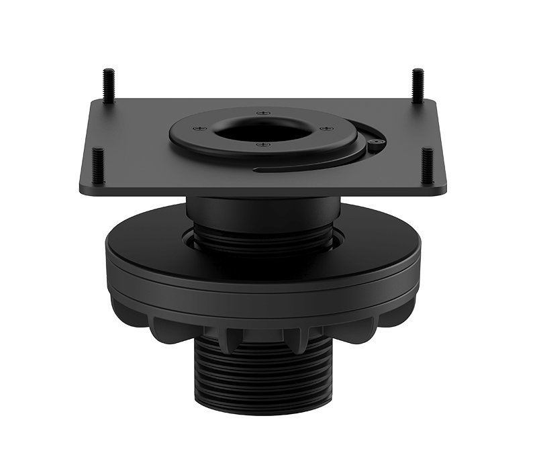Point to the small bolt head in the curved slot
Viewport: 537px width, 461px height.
(377, 142)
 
